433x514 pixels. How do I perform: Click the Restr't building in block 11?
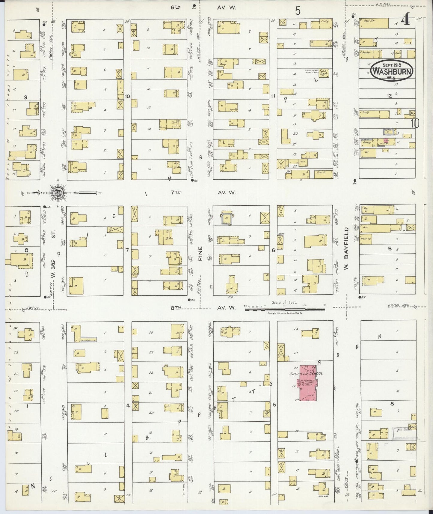point(322,173)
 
